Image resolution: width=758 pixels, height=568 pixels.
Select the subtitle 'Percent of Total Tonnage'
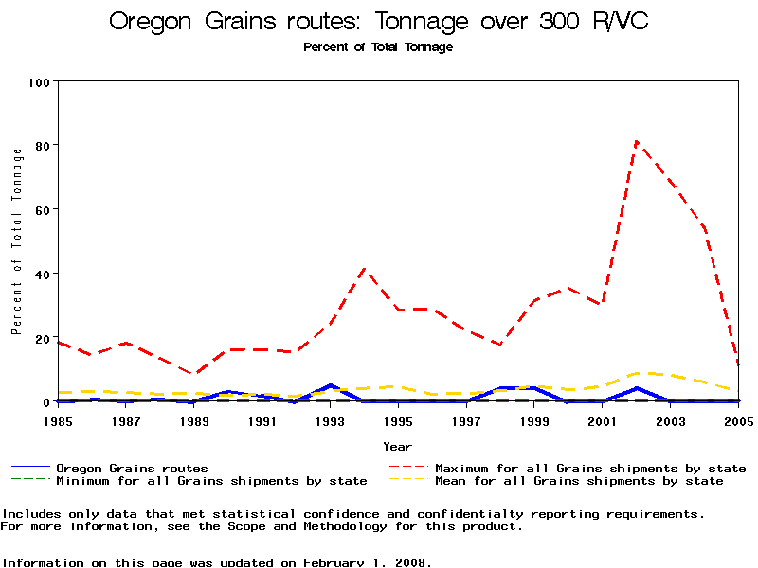coord(378,47)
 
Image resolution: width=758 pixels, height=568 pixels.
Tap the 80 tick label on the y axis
coord(43,146)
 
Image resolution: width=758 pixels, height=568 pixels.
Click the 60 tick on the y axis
coord(43,210)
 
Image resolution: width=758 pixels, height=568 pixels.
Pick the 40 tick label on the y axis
coord(43,275)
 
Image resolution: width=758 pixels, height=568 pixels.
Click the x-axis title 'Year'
coord(397,446)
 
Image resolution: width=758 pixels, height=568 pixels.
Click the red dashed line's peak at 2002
coord(637,142)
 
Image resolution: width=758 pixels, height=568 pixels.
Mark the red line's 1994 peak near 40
coord(365,269)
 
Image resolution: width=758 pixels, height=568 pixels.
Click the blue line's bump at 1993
coord(330,385)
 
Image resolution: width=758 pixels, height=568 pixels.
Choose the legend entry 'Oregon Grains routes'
coord(132,468)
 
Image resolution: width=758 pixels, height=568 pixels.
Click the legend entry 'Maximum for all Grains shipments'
coord(589,468)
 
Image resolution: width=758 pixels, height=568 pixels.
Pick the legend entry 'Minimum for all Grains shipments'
coord(210,481)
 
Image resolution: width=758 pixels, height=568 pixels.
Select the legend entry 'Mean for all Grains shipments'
coord(578,481)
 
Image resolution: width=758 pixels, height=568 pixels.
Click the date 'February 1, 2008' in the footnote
coord(368,562)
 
